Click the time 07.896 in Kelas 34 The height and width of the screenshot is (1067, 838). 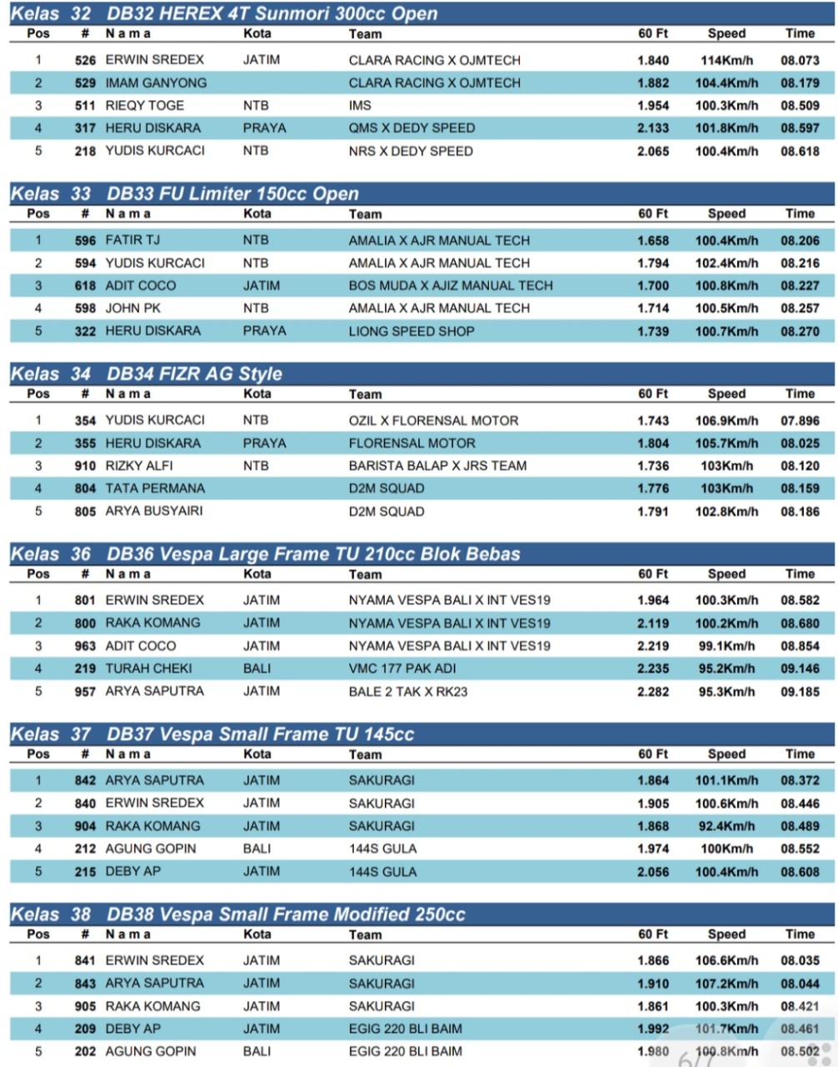click(x=800, y=421)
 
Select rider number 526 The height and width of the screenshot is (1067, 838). click(x=85, y=61)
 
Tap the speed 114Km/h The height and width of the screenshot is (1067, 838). click(x=726, y=61)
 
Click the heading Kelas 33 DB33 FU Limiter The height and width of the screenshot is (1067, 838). click(x=184, y=193)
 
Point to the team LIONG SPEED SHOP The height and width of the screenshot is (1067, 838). click(x=412, y=331)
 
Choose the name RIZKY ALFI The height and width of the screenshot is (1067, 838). click(x=139, y=466)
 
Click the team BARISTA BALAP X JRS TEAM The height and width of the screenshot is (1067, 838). click(x=437, y=466)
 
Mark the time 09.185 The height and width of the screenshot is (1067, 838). click(x=800, y=691)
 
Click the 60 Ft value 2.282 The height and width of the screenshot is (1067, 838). click(x=653, y=691)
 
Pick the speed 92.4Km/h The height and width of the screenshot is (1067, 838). click(x=726, y=826)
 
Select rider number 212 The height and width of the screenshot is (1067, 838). click(x=85, y=849)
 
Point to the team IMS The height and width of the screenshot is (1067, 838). click(x=360, y=106)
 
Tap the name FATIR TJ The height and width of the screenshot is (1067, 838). click(x=132, y=241)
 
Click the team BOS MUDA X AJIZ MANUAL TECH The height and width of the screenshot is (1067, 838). click(x=451, y=286)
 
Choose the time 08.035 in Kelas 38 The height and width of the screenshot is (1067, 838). click(x=800, y=961)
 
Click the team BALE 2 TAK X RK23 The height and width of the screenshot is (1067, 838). click(x=408, y=691)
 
